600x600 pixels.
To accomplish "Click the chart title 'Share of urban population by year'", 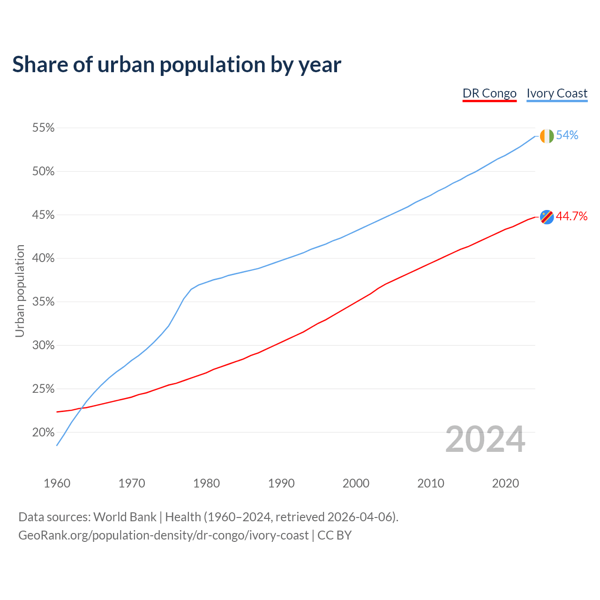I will coord(177,65).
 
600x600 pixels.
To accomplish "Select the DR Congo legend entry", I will coord(489,94).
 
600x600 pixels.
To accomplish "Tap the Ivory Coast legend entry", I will coord(557,94).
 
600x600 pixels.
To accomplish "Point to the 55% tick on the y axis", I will coord(43,128).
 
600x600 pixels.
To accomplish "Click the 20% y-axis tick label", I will coord(43,432).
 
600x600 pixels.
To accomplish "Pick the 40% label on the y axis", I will coord(43,258).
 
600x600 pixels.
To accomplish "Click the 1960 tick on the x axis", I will coord(57,483).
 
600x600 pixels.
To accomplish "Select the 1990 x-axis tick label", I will coord(281,483).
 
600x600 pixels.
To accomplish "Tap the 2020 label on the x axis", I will coord(505,483).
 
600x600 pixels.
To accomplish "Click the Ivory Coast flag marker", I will coord(547,136).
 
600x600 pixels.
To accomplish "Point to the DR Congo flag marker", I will coord(547,217).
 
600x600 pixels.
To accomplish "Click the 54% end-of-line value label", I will coord(567,135).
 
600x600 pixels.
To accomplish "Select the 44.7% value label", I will coord(571,216).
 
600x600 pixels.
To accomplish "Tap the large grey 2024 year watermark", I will coord(485,440).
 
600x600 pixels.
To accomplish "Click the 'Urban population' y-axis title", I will coord(20,291).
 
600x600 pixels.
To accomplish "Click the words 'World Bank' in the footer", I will coord(125,517).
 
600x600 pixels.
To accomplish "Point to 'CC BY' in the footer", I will coord(334,535).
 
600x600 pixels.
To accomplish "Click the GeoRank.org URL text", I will coord(163,535).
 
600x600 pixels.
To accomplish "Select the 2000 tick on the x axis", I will coord(356,483).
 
